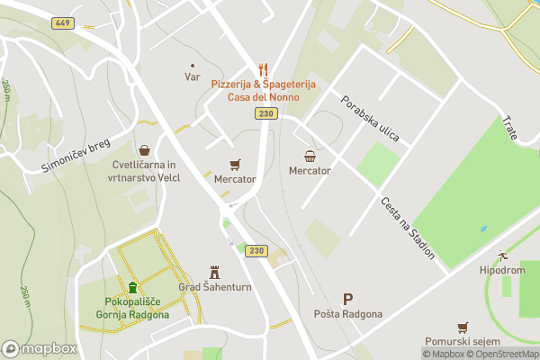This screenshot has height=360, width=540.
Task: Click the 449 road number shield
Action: point(62,23)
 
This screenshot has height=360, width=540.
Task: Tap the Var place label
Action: point(192,76)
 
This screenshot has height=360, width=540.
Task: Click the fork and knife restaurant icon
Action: point(264,68)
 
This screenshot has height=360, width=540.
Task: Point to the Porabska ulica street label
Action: point(369,117)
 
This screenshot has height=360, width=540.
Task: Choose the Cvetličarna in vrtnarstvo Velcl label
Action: point(146,171)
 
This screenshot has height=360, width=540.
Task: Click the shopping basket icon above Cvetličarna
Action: point(144,150)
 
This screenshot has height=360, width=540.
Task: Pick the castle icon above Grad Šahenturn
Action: point(214,271)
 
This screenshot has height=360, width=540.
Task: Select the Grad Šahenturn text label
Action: point(214,288)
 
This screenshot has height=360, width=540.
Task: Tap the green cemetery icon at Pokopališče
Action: point(132,288)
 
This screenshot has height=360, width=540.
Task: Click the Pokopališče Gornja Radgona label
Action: point(132,309)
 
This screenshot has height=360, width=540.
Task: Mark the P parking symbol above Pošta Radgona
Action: point(348,299)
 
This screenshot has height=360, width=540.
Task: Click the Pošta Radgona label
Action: point(348,314)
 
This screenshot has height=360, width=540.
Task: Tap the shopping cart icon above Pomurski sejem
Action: point(463,328)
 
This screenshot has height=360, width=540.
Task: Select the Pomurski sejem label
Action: point(463,343)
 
